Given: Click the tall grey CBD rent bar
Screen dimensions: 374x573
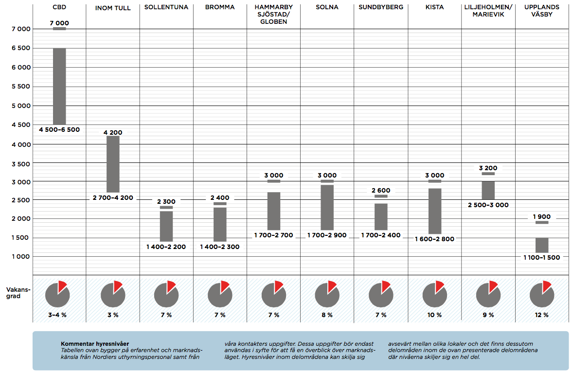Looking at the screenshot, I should tap(59, 86).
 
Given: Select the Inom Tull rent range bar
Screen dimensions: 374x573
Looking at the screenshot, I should tap(113, 164).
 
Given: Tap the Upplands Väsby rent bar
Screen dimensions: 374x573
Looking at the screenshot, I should tap(542, 245).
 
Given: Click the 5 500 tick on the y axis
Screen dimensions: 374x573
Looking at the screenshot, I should tap(21, 86).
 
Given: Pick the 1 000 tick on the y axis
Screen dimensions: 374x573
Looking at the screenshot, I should tap(21, 256).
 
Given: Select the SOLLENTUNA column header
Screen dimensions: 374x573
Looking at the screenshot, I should tap(166, 8).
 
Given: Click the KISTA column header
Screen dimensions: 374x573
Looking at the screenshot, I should tap(434, 8).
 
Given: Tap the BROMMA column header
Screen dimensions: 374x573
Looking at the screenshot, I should tap(220, 8).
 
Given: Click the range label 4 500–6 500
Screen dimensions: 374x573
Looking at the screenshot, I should tap(59, 130).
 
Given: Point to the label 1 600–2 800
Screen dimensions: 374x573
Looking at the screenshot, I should tap(434, 239).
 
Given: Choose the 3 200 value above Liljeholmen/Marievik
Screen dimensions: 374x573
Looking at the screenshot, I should tap(488, 168).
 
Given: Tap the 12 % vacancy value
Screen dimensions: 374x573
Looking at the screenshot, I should tap(541, 315).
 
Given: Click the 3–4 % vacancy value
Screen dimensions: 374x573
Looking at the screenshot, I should tap(57, 315).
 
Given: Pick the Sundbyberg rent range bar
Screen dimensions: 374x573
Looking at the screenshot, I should tap(381, 216).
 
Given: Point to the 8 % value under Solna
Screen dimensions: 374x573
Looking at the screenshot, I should tap(327, 315).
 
